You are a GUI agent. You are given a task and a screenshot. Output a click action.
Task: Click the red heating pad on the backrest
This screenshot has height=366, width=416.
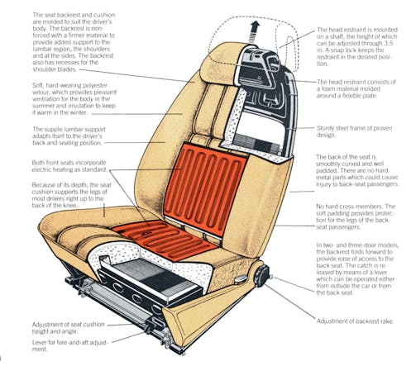(205, 188)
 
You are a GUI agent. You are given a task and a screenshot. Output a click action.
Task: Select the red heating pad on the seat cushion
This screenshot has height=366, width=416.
(165, 238)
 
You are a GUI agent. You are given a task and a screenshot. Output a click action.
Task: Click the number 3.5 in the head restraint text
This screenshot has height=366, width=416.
(389, 43)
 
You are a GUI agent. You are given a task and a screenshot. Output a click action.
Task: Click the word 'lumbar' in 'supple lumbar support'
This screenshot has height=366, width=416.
(73, 129)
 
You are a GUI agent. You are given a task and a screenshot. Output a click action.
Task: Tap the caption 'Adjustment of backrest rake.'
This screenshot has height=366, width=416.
(356, 321)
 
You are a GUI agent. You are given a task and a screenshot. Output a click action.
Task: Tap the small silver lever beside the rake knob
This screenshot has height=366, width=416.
(241, 279)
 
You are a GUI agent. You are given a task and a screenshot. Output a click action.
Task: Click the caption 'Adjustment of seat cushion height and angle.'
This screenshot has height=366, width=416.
(69, 328)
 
